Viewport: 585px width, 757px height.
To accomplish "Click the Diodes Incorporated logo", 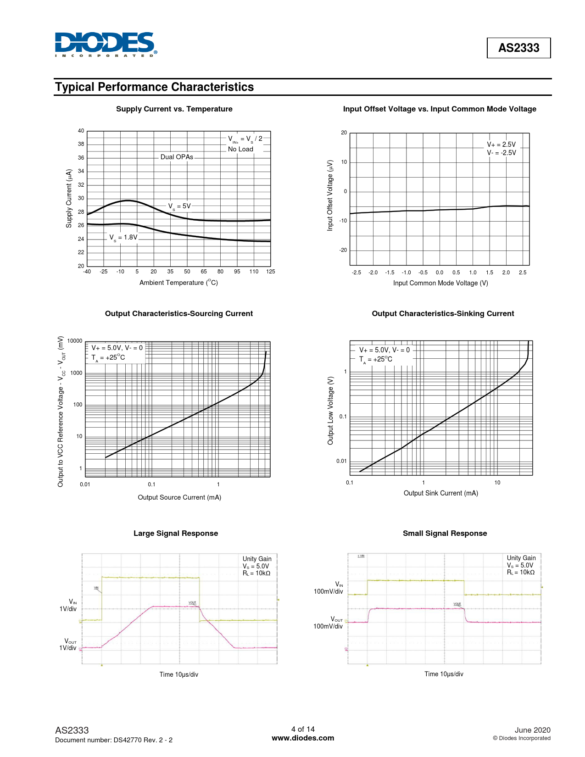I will pyautogui.click(x=106, y=45).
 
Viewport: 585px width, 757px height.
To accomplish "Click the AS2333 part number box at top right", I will pyautogui.click(x=518, y=48).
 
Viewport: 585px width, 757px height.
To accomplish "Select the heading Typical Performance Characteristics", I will pyautogui.click(x=154, y=87).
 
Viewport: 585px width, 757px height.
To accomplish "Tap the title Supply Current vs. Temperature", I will pyautogui.click(x=174, y=109).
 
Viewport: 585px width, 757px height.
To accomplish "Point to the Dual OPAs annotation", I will pyautogui.click(x=177, y=157).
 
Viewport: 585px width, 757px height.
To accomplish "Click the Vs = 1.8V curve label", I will pyautogui.click(x=123, y=238).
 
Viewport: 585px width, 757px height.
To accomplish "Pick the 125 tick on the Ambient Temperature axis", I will pyautogui.click(x=270, y=272).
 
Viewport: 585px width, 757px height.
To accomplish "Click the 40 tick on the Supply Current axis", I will pyautogui.click(x=81, y=131).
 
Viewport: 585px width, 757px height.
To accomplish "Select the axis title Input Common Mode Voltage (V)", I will pyautogui.click(x=440, y=283).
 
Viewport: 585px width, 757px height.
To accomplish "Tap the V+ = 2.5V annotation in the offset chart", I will pyautogui.click(x=501, y=145).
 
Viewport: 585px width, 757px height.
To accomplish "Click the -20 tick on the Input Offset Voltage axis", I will pyautogui.click(x=343, y=250).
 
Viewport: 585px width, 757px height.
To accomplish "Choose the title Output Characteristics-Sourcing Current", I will pyautogui.click(x=178, y=314).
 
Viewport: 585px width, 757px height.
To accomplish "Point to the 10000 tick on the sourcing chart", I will pyautogui.click(x=75, y=341).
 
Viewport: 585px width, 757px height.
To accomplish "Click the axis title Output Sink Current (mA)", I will pyautogui.click(x=440, y=493).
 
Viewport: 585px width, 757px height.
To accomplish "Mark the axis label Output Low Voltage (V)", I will pyautogui.click(x=330, y=411).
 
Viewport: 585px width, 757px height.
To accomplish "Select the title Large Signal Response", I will pyautogui.click(x=176, y=534).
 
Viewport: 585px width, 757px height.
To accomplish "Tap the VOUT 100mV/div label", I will pyautogui.click(x=329, y=623).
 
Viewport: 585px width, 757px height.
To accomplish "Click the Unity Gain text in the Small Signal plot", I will pyautogui.click(x=521, y=558).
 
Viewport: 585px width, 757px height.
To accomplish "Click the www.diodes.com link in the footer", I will pyautogui.click(x=303, y=738).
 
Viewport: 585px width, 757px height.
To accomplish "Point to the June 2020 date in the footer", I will pyautogui.click(x=532, y=730).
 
